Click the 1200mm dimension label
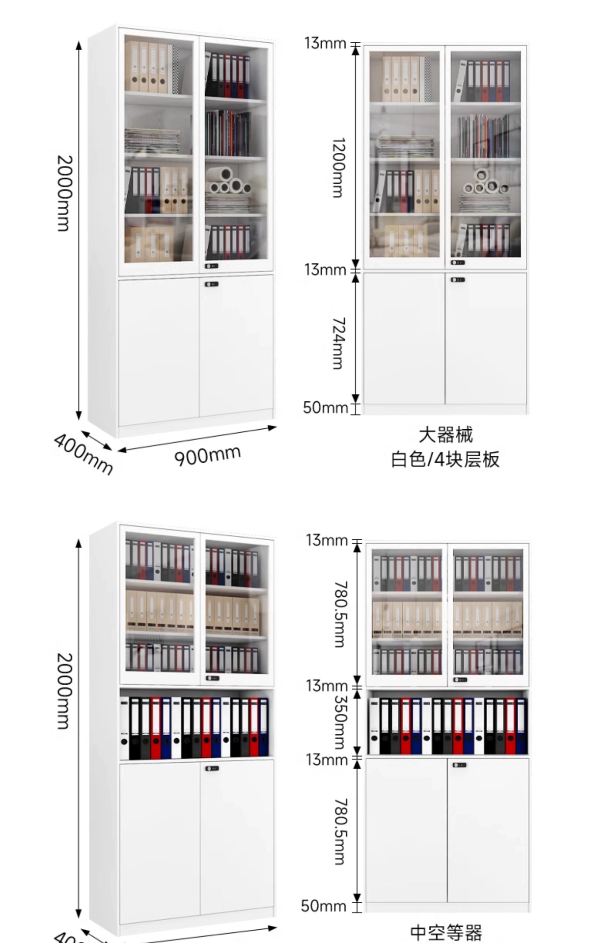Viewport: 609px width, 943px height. [x=338, y=167]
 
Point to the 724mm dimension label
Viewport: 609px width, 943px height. [x=338, y=343]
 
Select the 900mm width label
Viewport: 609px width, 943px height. [x=207, y=456]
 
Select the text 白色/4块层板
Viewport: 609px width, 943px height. [x=445, y=459]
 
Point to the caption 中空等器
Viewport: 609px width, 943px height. [x=446, y=932]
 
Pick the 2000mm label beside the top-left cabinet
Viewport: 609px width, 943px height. [x=64, y=193]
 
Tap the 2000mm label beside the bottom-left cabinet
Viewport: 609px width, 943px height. [x=64, y=691]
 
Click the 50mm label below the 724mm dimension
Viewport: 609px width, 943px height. [x=325, y=408]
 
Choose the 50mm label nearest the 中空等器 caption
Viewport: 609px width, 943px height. [x=323, y=906]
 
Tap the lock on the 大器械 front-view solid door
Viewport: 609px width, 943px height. [x=458, y=280]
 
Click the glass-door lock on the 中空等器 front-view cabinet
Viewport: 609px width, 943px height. [x=460, y=680]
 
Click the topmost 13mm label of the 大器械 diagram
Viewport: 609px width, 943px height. [x=325, y=43]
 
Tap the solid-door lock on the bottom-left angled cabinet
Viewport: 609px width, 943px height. [x=212, y=768]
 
